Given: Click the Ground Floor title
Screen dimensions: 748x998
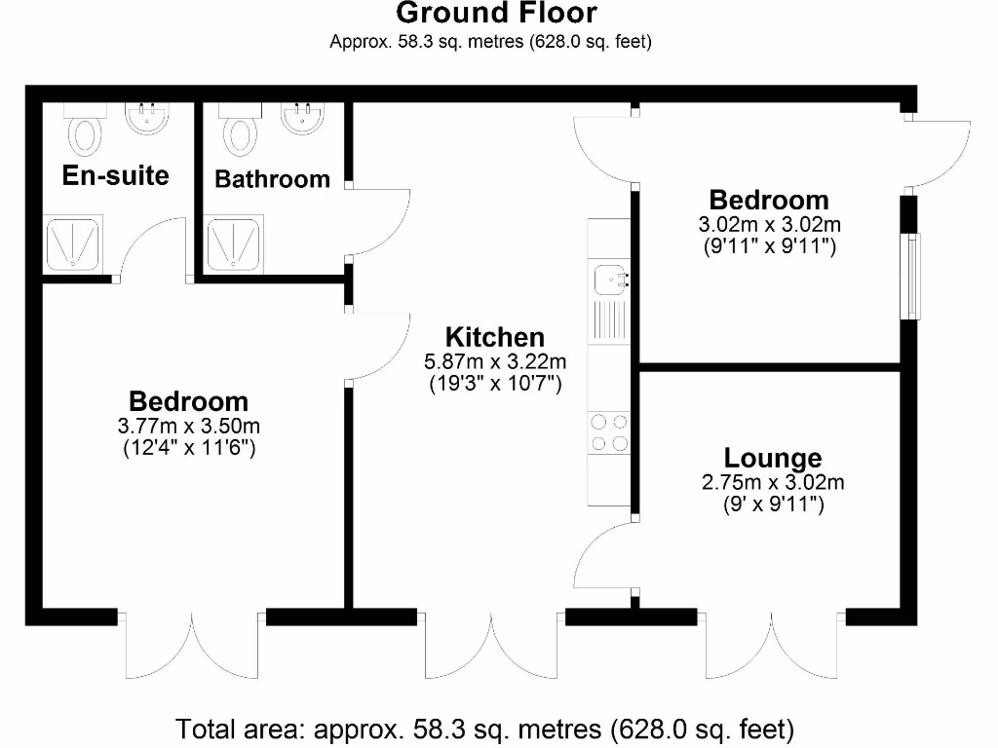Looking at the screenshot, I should pos(496,14).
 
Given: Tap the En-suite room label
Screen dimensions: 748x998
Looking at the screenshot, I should pos(115,175).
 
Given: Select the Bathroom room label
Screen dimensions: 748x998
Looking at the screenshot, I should pos(272,179).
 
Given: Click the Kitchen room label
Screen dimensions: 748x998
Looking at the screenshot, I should pos(494,337).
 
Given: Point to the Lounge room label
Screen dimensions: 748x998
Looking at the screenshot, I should pos(772,458).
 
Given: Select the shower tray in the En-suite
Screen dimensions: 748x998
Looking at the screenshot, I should pos(73,243).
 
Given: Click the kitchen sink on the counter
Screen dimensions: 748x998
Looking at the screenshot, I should pos(609,280).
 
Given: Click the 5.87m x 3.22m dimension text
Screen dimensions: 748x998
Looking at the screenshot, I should pos(494,361).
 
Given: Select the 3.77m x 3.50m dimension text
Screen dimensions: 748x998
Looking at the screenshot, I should pos(188,426).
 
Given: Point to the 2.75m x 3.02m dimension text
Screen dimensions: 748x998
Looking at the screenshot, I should pos(772,482).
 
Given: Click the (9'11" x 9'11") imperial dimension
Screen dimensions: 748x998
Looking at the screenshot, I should pos(769,246).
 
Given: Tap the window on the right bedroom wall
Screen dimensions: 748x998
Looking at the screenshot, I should pos(911,277).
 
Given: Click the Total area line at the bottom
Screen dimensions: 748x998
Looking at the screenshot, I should pos(484,729).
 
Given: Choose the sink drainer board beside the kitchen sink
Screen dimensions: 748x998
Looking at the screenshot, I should pos(609,321).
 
